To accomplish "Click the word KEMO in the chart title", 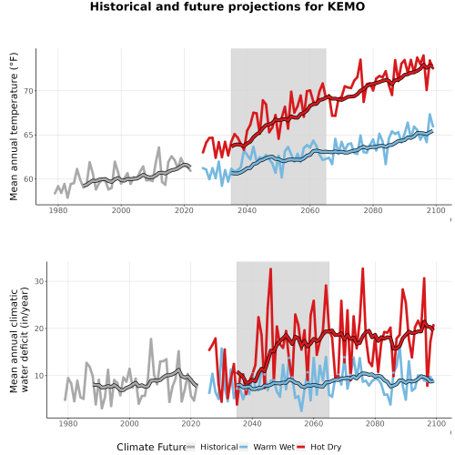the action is [346, 6].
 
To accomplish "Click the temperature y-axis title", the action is [14, 126].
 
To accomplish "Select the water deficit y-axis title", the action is [19, 339].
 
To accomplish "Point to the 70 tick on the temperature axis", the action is [28, 91].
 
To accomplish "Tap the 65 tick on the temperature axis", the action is [28, 135].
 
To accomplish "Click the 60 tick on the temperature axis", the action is [28, 179].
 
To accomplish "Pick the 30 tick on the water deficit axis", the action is [39, 281].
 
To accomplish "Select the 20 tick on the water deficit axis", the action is [39, 329].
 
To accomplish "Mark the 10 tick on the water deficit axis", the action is [39, 376].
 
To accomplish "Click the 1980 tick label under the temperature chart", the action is [58, 210].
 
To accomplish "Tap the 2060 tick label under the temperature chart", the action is [310, 210].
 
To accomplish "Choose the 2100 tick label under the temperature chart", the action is [436, 210].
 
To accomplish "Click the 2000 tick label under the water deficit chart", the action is [129, 423].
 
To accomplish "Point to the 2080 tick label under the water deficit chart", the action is [375, 423].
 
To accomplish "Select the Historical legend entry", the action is [212, 447].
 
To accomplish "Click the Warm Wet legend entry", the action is [267, 447].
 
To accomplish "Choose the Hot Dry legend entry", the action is [318, 447].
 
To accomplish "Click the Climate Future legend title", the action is [151, 447].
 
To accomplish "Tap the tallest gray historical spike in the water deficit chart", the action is [151, 339].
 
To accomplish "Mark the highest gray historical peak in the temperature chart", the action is [158, 147].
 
